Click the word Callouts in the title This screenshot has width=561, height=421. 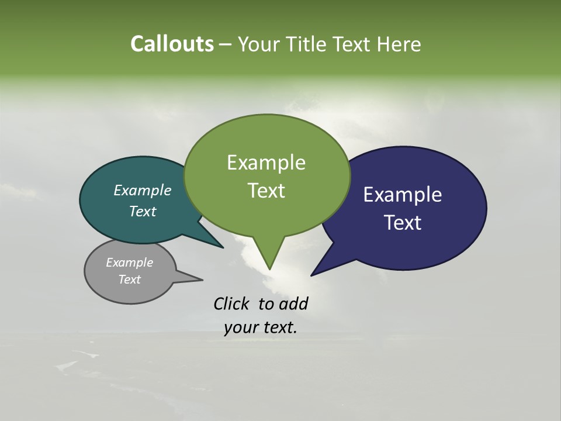(172, 44)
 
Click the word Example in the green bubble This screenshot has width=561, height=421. (266, 163)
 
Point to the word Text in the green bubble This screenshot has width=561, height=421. (266, 191)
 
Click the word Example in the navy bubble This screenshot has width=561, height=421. (403, 195)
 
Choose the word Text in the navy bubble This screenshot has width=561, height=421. (403, 223)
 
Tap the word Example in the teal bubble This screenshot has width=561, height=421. (143, 190)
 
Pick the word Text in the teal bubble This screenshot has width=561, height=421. (143, 211)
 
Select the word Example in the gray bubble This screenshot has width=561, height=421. (129, 263)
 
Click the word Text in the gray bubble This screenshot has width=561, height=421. (129, 279)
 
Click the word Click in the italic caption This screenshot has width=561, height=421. (233, 303)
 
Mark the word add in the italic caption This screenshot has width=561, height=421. (293, 303)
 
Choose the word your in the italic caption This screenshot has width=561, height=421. (241, 328)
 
